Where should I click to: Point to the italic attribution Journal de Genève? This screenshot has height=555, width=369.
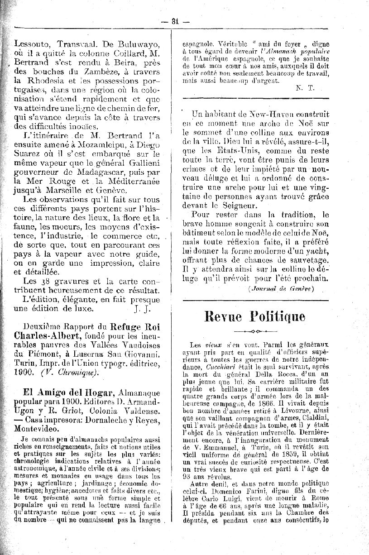click(281, 288)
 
